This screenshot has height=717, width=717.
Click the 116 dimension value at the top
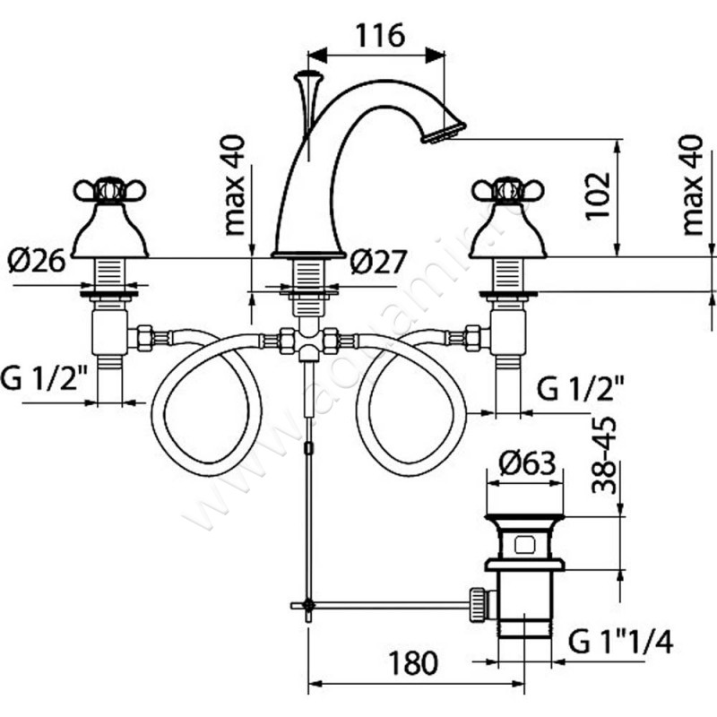[x=381, y=35]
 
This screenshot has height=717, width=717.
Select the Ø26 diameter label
[x=37, y=262]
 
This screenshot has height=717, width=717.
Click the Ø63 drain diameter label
[x=528, y=464]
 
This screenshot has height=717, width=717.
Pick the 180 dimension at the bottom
[x=413, y=664]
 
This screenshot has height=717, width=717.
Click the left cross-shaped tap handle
[x=107, y=191]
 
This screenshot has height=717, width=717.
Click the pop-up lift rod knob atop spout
[x=308, y=76]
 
